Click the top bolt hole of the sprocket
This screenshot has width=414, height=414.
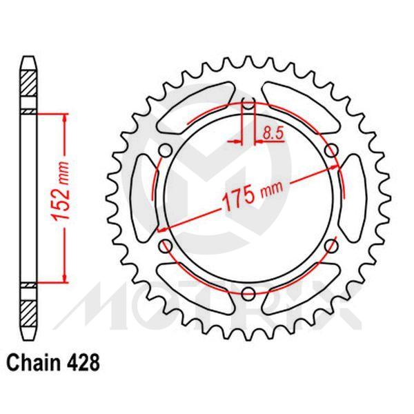click(248, 105)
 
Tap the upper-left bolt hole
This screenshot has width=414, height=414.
click(166, 151)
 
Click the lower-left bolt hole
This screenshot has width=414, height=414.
click(166, 245)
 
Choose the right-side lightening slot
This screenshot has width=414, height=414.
click(354, 198)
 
